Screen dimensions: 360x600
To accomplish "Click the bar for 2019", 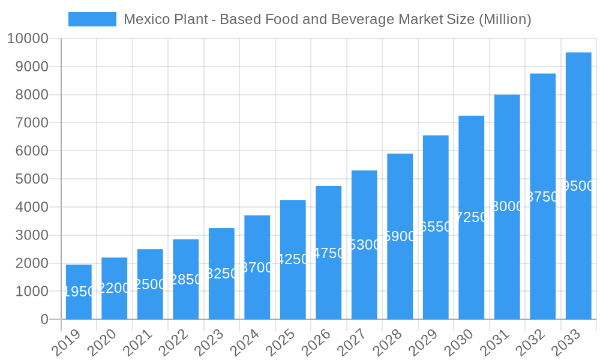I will click(x=79, y=292).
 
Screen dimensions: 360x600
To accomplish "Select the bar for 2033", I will click(x=578, y=186).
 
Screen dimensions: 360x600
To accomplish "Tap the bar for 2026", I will click(x=329, y=253).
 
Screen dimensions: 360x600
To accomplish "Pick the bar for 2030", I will click(x=472, y=217).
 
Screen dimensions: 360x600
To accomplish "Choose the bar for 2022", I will click(x=186, y=279).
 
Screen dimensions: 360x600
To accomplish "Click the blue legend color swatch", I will click(x=92, y=19).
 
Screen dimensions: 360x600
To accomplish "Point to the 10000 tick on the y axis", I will click(x=28, y=38).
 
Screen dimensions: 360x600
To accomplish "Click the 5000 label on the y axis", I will click(x=28, y=179).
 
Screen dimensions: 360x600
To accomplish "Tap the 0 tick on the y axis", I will click(x=44, y=319).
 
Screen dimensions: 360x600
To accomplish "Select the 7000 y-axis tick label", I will click(x=28, y=122).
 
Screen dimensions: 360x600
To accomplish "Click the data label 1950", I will click(x=79, y=292).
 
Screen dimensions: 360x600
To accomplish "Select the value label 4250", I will click(x=293, y=259).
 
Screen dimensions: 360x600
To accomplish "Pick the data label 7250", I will click(x=472, y=217).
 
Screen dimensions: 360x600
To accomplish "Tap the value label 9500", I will click(x=578, y=186).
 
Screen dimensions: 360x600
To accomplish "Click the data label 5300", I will click(x=364, y=245).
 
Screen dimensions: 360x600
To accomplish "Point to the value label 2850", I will click(x=186, y=279).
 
